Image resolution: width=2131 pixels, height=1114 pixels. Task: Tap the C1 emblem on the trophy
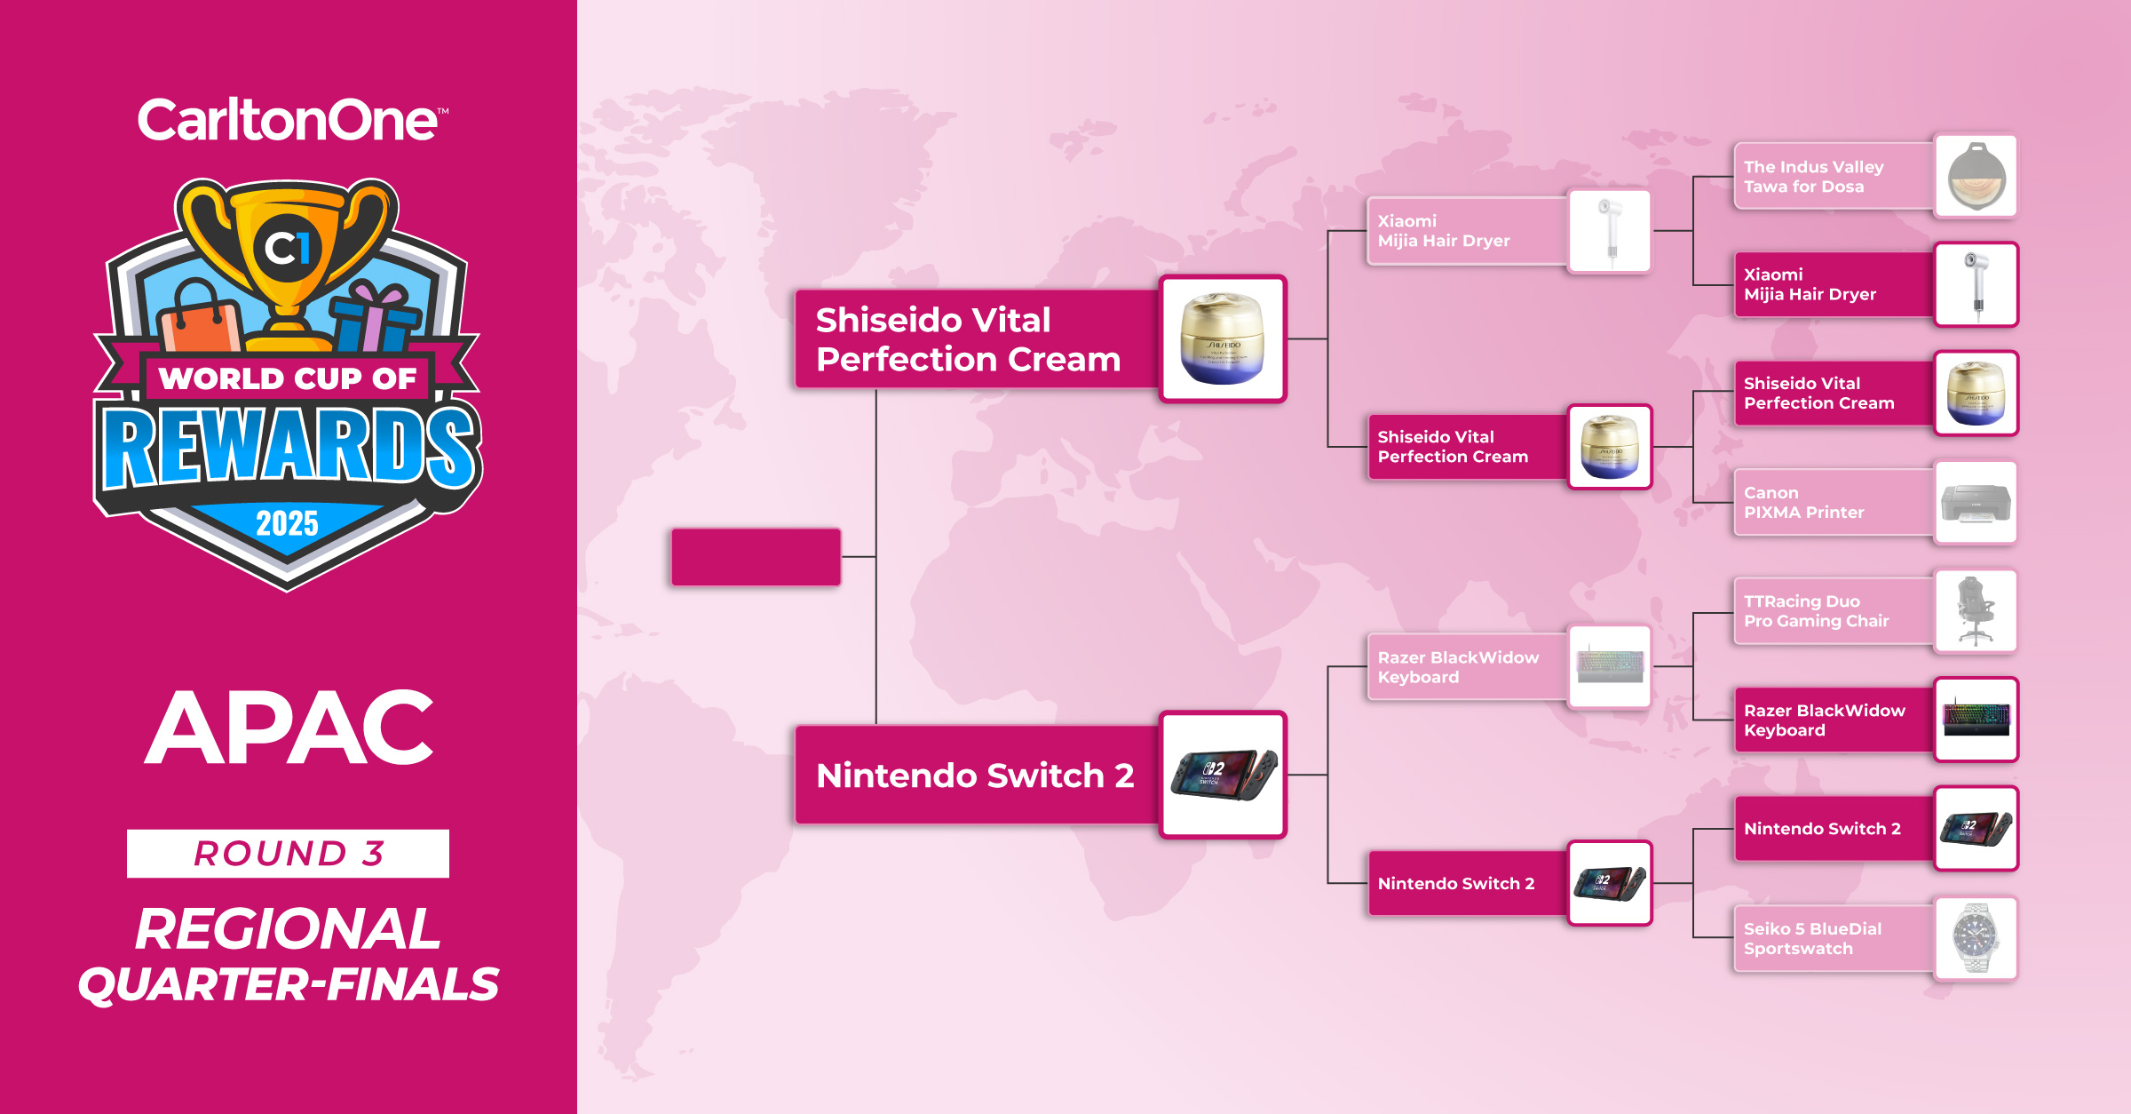(x=287, y=248)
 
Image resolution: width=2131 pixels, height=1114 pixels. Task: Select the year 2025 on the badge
(x=287, y=522)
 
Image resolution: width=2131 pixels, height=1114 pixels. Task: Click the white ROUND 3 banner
(x=288, y=854)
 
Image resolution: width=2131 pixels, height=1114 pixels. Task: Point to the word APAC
(x=289, y=728)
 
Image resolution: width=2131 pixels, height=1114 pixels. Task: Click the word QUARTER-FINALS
(x=289, y=984)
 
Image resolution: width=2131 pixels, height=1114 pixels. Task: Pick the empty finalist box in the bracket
(x=756, y=557)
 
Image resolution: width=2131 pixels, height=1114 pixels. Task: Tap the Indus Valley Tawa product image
(x=1976, y=176)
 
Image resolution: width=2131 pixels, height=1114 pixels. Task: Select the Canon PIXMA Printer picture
(x=1976, y=502)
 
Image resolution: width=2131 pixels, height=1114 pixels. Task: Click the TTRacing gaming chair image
(x=1976, y=611)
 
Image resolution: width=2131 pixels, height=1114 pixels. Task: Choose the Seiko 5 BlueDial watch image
(x=1976, y=938)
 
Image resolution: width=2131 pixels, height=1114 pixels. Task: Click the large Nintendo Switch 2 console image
(x=1224, y=775)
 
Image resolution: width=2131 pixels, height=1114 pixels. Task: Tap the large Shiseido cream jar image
(x=1224, y=338)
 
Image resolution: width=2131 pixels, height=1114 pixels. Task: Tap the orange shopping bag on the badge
(x=201, y=317)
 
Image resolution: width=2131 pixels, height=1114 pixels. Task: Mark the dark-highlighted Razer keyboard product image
(x=1976, y=720)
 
